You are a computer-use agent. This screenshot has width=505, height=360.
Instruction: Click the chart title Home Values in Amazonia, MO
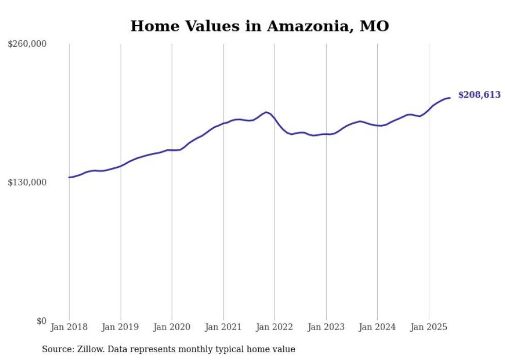point(259,26)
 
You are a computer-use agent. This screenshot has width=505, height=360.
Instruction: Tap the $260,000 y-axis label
point(27,44)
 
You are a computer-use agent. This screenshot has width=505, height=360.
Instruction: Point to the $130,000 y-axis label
point(27,182)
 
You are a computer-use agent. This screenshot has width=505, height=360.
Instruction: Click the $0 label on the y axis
point(41,321)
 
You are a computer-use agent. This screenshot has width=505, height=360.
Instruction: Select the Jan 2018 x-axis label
point(69,327)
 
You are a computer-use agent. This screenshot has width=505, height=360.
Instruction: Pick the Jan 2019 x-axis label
point(121,327)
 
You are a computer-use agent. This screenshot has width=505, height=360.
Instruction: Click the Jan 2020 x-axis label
point(172,327)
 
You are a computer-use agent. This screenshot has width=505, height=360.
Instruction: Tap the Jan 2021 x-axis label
point(223,327)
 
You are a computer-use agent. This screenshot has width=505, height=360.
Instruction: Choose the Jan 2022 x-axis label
point(275,327)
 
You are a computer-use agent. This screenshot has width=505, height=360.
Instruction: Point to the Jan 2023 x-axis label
point(326,327)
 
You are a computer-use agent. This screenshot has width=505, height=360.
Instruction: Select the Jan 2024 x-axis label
point(377,327)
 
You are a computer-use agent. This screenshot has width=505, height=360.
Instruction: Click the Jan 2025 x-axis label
point(429,327)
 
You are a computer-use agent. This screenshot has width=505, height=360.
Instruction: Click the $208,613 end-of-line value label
point(479,95)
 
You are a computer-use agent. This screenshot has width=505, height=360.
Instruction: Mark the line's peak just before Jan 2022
point(266,112)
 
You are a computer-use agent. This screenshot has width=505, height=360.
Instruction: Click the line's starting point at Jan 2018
point(69,177)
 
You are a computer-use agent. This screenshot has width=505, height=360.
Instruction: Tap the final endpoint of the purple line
point(450,98)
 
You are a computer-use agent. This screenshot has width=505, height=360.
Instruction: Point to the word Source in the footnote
point(57,349)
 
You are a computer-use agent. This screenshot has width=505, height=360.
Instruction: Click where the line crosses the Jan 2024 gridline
point(378,125)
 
